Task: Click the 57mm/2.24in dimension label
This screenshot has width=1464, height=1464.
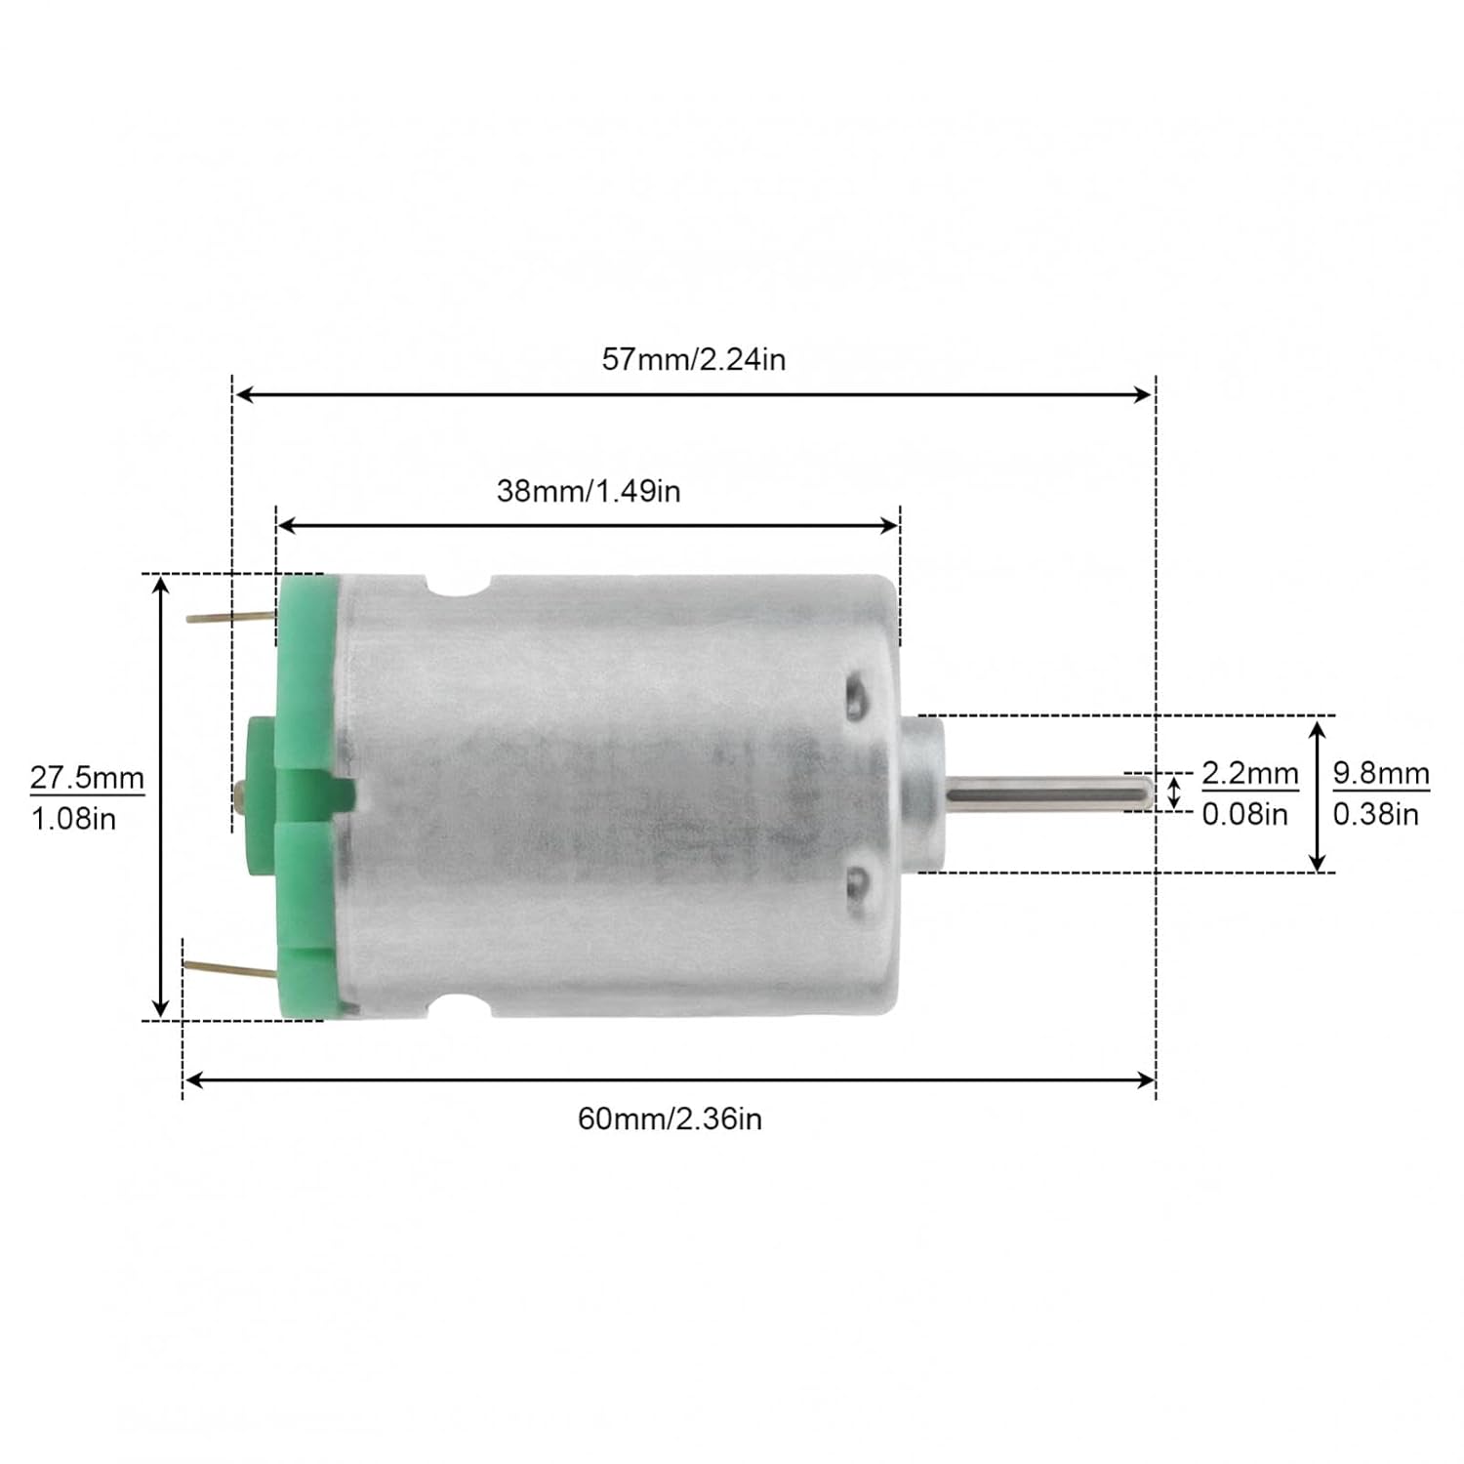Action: pyautogui.click(x=693, y=360)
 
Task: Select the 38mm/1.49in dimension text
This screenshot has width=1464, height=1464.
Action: pyautogui.click(x=589, y=491)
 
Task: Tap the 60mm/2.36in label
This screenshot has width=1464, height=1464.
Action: pyautogui.click(x=670, y=1118)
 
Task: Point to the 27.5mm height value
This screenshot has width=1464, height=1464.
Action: pyautogui.click(x=87, y=778)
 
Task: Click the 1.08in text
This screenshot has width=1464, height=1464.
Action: pyautogui.click(x=73, y=819)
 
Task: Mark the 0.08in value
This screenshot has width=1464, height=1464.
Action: pyautogui.click(x=1244, y=814)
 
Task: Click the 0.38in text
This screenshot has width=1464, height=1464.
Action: pyautogui.click(x=1375, y=814)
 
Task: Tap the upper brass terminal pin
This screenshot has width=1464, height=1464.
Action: pyautogui.click(x=231, y=617)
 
